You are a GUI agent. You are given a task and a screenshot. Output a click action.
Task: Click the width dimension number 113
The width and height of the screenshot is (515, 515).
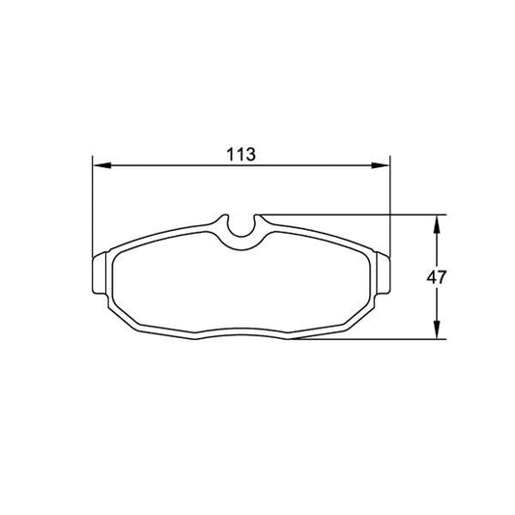coord(240,155)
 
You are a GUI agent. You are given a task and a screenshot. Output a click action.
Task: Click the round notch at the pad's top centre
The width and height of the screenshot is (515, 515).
coord(240,227)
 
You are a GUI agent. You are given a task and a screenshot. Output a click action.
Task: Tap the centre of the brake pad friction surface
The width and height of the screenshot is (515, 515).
coord(240,285)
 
